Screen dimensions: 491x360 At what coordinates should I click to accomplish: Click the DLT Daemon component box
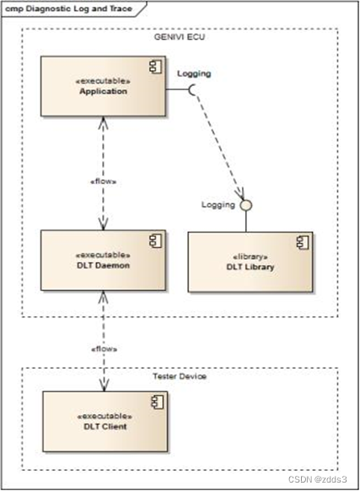point(102,259)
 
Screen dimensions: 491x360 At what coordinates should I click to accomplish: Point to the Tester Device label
point(180,375)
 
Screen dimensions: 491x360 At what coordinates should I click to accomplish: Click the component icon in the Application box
point(153,66)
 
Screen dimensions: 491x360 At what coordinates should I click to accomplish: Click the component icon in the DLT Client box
point(153,401)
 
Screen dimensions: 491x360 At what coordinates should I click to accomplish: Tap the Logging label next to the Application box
point(194,73)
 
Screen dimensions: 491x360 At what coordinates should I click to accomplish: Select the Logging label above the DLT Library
point(218,204)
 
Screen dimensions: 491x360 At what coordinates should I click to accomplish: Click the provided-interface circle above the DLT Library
point(246,205)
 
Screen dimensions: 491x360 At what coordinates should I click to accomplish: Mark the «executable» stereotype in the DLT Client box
point(102,414)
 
